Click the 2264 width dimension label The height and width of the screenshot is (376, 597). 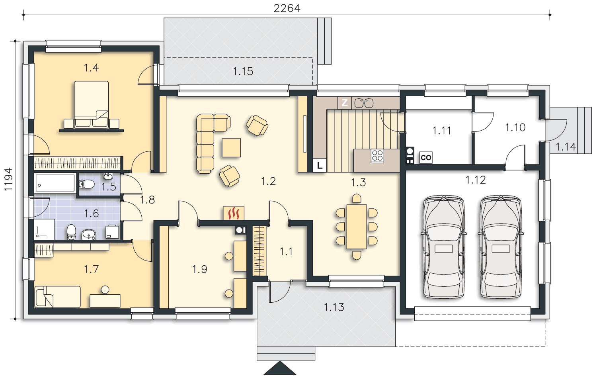point(287,8)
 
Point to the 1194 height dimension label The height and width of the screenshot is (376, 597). point(8,180)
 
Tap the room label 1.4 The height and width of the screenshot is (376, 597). point(92,68)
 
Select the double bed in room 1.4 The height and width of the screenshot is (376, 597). point(92,104)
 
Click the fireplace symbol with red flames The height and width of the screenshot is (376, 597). point(234,213)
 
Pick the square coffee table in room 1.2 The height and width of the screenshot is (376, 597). point(231,148)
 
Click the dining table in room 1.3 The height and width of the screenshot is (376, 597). point(357,227)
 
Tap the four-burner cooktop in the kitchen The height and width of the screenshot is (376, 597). point(377,156)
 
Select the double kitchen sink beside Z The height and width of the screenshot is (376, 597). point(364,103)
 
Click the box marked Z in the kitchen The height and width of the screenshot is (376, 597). point(345,103)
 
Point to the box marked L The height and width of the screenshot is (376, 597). point(320,166)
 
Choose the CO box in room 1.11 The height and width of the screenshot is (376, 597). point(425,158)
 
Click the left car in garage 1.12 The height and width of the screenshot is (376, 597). point(444,247)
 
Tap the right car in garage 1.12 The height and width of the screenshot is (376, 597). point(501,247)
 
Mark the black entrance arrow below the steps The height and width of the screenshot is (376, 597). point(280,368)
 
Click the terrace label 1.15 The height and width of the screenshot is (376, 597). point(243,71)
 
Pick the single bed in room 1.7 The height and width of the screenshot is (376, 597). point(58,297)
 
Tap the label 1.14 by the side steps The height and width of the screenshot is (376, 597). point(566,147)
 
